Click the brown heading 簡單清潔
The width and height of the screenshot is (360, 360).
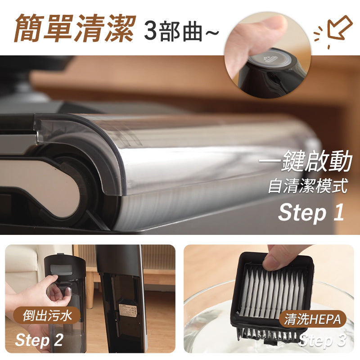pos(75,28)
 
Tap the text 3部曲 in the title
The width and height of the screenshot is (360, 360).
pos(173,31)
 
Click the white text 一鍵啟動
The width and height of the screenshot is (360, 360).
pos(306,161)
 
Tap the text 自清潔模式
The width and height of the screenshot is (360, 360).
pos(308,186)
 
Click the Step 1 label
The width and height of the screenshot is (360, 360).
pos(311,212)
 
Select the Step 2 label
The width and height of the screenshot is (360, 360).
pos(39,340)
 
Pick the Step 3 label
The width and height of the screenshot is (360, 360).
pos(322,340)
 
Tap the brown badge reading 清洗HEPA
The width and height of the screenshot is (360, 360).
pos(312,319)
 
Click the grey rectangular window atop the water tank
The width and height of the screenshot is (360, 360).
pos(62,269)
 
